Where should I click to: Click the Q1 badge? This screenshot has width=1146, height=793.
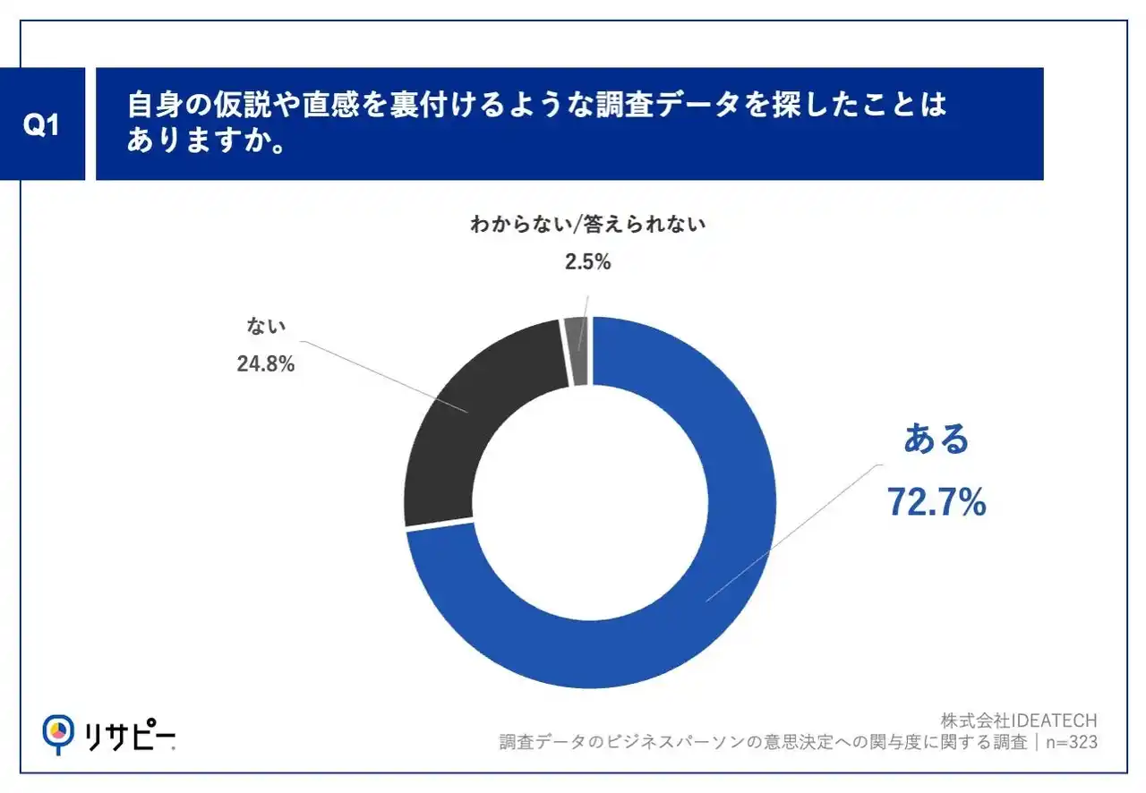coord(41,125)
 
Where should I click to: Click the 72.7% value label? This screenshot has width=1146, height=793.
coord(936,503)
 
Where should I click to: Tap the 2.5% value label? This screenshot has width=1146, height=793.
coord(588,262)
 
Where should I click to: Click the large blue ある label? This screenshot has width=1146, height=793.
coord(936,439)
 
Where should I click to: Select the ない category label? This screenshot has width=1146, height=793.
coord(266,328)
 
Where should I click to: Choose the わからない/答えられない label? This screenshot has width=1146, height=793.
coord(588,225)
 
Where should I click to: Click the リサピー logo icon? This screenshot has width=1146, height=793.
coord(58,732)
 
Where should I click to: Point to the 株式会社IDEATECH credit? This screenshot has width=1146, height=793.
coord(1019,720)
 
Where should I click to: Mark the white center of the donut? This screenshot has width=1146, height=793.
coord(590,502)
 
